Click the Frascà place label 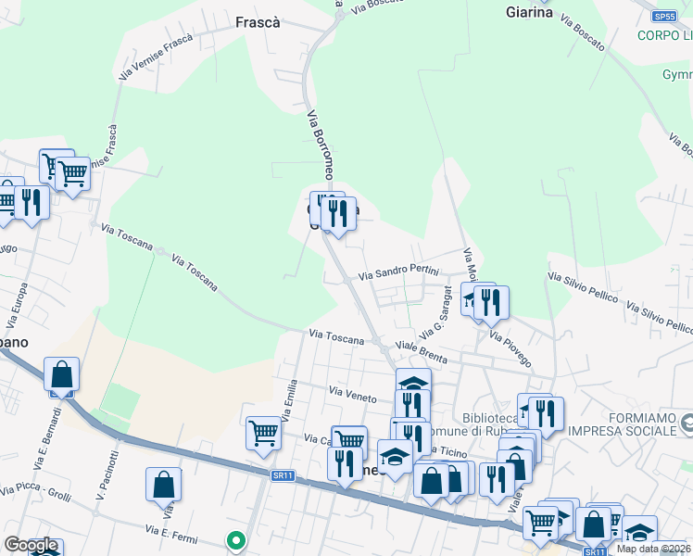tap(258, 21)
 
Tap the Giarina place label tap(530, 13)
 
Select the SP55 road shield tap(662, 17)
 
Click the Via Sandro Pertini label tap(397, 274)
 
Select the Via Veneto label tap(352, 397)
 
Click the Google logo tap(31, 545)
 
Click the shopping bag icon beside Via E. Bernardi tap(61, 375)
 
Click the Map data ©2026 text tap(652, 549)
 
